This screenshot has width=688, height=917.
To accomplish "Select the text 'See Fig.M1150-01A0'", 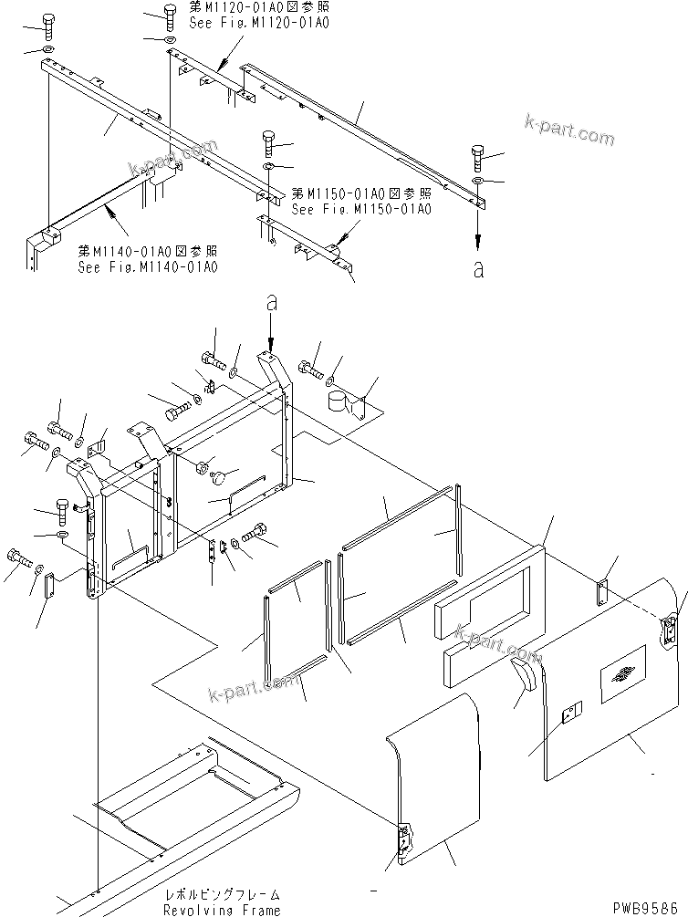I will click(360, 209).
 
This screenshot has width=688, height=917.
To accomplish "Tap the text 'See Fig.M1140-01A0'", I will click(148, 266).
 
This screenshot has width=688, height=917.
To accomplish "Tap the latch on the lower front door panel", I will click(401, 840).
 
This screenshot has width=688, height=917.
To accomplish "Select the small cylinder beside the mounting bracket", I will click(340, 402).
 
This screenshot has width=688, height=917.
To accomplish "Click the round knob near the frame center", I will click(219, 475).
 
